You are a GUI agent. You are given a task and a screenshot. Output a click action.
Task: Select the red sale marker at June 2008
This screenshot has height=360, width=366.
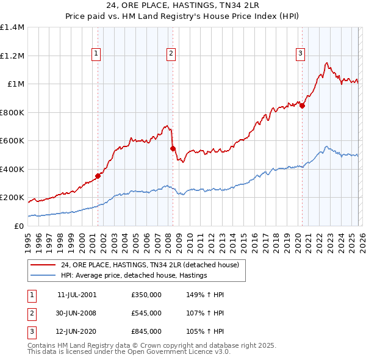173,148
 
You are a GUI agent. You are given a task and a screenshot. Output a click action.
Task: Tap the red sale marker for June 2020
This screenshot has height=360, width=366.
302,106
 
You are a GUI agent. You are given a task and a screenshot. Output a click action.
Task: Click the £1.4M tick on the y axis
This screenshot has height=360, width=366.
12,27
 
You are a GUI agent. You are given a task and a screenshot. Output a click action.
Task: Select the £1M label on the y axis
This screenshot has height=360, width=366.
15,84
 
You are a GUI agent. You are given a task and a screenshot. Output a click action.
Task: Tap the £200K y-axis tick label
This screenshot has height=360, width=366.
12,198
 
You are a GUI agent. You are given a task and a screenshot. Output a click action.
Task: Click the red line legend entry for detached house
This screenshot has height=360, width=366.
152,265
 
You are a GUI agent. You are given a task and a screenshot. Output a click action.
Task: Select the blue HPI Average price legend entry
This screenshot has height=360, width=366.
134,276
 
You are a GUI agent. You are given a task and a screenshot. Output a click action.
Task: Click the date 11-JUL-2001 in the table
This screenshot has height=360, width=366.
76,294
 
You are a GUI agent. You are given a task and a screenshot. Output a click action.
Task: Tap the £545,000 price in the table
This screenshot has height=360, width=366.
146,313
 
